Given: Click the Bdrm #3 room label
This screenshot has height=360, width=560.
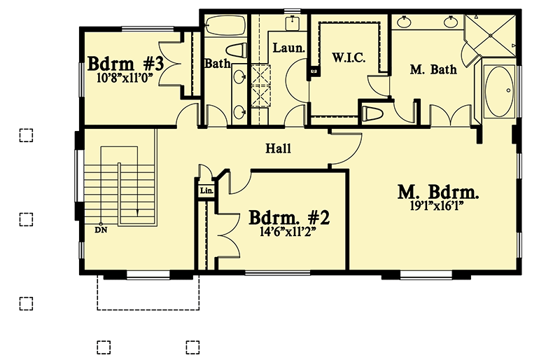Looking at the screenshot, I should (126, 64).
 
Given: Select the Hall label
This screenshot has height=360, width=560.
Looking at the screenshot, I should (278, 148).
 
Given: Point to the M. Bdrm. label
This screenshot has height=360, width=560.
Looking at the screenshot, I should (438, 192).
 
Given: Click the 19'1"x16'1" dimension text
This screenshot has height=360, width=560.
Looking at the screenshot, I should (438, 206).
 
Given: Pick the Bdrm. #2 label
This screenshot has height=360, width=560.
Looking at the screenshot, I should (289, 217).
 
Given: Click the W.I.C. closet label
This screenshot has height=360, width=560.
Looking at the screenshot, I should (349, 58).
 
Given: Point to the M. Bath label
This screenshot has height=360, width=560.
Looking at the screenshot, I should (433, 69).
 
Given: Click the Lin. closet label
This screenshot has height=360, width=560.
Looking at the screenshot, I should (206, 191).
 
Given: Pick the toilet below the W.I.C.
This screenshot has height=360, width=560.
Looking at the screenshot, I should (374, 113).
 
